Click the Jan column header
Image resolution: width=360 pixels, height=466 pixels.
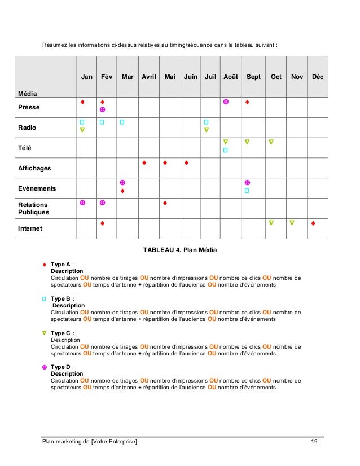click(x=86, y=77)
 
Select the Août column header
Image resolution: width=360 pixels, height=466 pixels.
click(x=230, y=77)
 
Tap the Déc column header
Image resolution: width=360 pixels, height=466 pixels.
click(x=318, y=77)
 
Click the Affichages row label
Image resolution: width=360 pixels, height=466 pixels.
click(x=34, y=168)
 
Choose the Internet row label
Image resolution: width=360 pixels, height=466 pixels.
click(x=30, y=229)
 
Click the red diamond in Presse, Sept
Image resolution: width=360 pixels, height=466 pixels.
click(x=247, y=102)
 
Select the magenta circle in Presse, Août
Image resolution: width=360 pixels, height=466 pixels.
click(x=226, y=102)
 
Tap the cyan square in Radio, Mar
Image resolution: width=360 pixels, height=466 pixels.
click(x=122, y=122)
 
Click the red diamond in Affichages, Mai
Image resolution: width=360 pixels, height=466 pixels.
click(x=165, y=163)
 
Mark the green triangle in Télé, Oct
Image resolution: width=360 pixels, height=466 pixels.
click(x=271, y=142)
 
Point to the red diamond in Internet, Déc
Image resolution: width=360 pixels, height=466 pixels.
click(x=313, y=223)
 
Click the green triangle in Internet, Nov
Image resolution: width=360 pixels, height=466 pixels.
click(x=292, y=223)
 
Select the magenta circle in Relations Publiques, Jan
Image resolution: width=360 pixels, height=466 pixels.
click(x=82, y=203)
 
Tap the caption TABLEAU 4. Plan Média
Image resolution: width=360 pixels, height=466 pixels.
click(x=179, y=250)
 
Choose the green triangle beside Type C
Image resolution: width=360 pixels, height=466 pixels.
click(x=44, y=333)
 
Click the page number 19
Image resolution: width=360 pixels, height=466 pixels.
click(x=314, y=441)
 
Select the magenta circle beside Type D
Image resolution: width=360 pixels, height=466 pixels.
click(x=44, y=367)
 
